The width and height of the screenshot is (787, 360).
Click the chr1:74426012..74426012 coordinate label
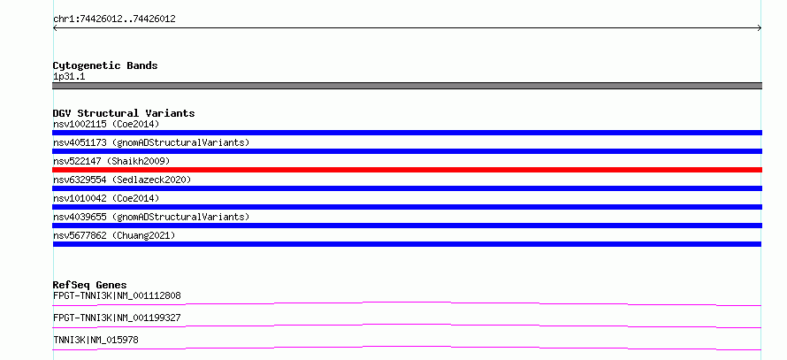pyautogui.click(x=114, y=19)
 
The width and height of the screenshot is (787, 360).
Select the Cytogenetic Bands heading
pyautogui.click(x=105, y=65)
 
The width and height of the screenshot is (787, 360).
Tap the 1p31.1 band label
pyautogui.click(x=69, y=77)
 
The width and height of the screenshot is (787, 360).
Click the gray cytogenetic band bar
pyautogui.click(x=407, y=86)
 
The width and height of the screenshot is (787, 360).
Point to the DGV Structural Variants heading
pyautogui.click(x=124, y=113)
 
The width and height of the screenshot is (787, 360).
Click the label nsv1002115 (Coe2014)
pyautogui.click(x=106, y=124)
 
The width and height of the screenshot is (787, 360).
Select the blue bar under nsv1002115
pyautogui.click(x=407, y=133)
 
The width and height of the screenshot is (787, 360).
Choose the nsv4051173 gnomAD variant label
pyautogui.click(x=151, y=142)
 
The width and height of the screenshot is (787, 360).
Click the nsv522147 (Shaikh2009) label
pyautogui.click(x=112, y=161)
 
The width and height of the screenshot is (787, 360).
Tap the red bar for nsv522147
pyautogui.click(x=407, y=170)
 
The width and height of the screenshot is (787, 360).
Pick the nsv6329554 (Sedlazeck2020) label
pyautogui.click(x=122, y=180)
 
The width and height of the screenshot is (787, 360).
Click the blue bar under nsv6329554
pyautogui.click(x=407, y=188)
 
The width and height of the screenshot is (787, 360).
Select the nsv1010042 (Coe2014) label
pyautogui.click(x=106, y=198)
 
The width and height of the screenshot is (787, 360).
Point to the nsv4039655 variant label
pyautogui.click(x=151, y=217)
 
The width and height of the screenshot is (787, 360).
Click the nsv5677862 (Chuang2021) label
pyautogui.click(x=114, y=235)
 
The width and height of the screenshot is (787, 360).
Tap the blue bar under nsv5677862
pyautogui.click(x=407, y=244)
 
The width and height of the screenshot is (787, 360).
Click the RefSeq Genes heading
pyautogui.click(x=90, y=285)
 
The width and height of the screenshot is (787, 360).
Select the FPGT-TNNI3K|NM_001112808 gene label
pyautogui.click(x=117, y=295)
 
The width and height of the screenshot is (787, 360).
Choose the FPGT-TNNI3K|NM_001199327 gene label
pyautogui.click(x=117, y=318)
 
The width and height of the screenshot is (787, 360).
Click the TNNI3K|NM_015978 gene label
pyautogui.click(x=96, y=340)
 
